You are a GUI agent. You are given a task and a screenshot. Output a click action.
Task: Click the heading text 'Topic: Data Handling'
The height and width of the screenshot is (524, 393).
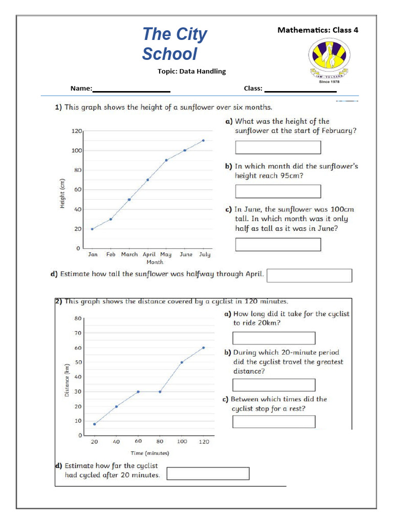(191, 71)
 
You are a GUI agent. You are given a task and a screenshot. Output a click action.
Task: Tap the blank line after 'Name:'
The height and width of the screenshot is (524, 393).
(131, 90)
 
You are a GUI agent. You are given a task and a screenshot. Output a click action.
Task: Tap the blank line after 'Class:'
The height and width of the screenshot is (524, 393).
(300, 90)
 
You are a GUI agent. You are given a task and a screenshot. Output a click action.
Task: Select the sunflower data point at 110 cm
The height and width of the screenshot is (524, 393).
(203, 140)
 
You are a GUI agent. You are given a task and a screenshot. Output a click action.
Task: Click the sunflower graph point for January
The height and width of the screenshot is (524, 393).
(92, 229)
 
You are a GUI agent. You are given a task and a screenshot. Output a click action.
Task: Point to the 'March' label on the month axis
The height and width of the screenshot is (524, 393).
(129, 254)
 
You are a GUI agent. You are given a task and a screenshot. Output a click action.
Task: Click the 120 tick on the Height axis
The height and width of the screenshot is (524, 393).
(76, 131)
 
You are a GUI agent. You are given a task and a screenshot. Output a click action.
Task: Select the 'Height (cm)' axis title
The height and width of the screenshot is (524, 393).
(62, 194)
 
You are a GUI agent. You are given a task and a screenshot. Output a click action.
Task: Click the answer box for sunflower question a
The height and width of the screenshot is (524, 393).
(278, 147)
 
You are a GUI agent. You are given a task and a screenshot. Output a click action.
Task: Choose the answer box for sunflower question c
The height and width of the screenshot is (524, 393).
(278, 244)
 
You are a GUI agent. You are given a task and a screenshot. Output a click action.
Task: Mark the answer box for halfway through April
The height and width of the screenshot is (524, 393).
(310, 275)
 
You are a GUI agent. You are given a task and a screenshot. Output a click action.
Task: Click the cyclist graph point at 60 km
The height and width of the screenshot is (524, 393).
(203, 347)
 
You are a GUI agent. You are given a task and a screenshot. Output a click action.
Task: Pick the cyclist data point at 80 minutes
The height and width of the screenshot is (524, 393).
(160, 391)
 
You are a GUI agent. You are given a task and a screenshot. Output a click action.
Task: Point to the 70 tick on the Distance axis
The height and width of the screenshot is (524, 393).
(78, 333)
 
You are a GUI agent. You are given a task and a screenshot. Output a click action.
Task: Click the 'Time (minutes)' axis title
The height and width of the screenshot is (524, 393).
(149, 453)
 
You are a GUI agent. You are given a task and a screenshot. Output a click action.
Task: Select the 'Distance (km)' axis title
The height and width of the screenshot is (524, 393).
(67, 380)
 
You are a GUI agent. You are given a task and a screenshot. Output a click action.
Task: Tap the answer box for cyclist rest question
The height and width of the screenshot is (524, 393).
(274, 421)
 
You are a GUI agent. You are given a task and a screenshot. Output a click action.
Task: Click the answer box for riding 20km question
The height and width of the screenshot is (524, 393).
(274, 338)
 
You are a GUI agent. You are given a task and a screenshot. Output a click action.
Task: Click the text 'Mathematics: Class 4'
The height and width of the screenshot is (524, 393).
(318, 30)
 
